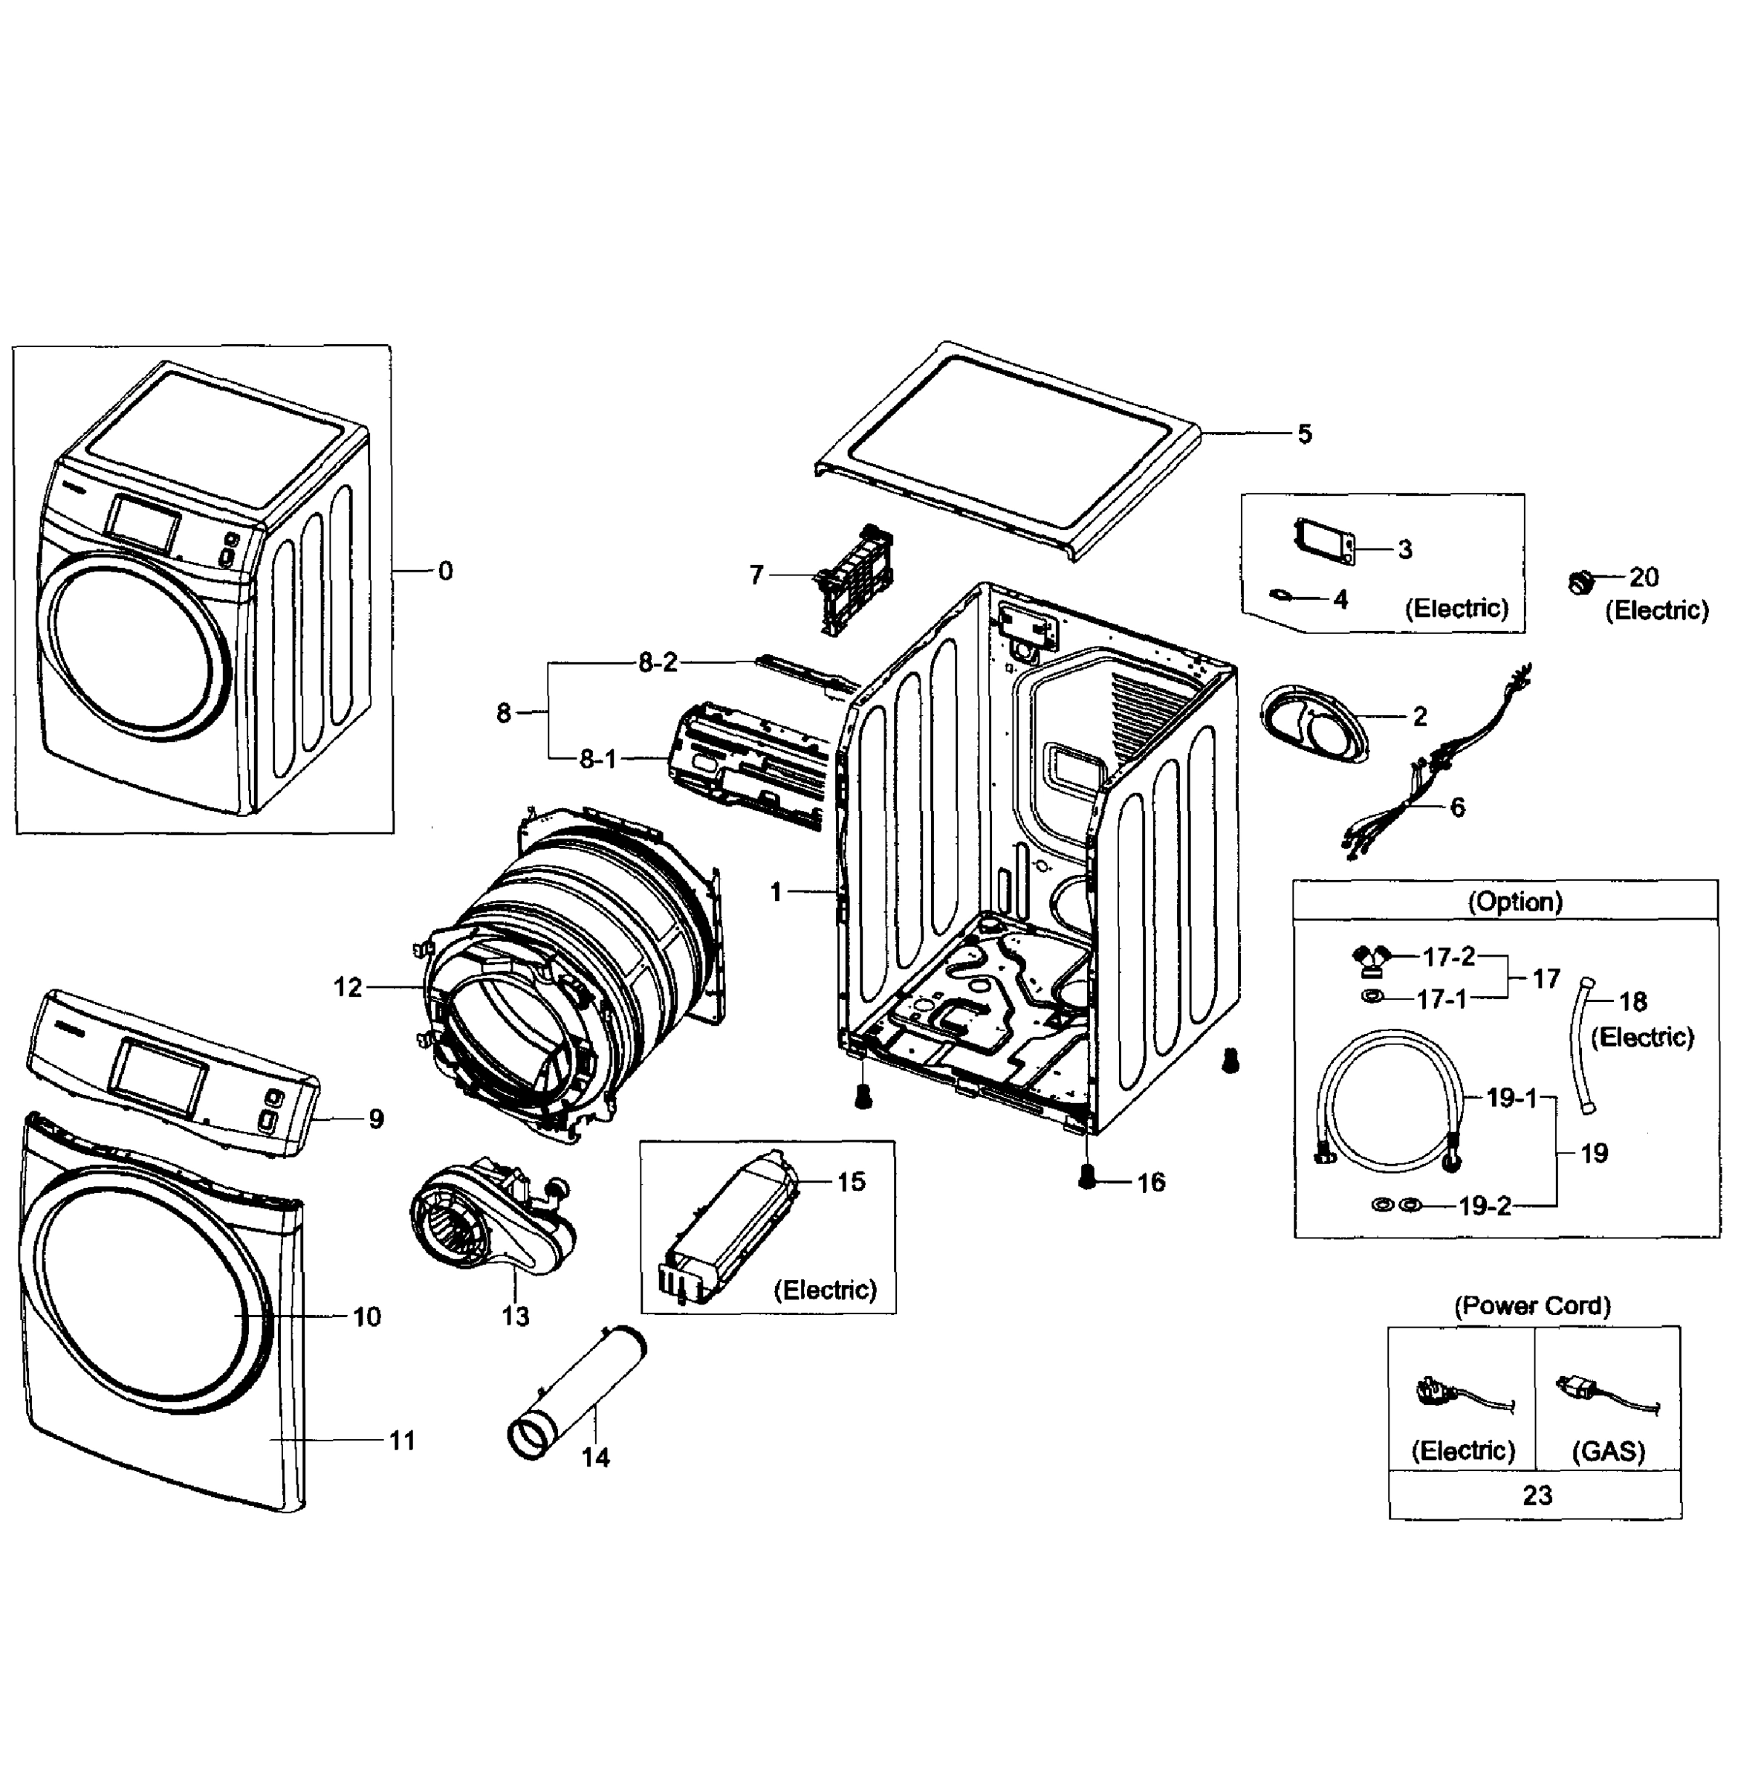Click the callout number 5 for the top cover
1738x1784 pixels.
pyautogui.click(x=1304, y=435)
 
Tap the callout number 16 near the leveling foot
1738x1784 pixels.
pyautogui.click(x=1151, y=1183)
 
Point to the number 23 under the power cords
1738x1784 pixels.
pyautogui.click(x=1537, y=1496)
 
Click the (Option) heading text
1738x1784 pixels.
pyautogui.click(x=1515, y=902)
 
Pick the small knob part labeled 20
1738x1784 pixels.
pyautogui.click(x=1581, y=581)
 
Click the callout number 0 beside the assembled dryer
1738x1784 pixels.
pyautogui.click(x=444, y=572)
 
